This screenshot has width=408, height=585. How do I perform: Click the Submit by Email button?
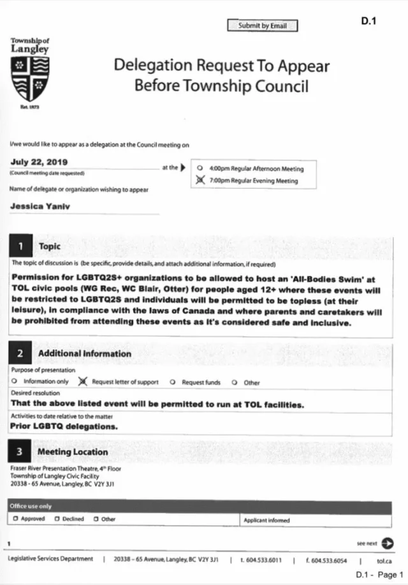click(262, 26)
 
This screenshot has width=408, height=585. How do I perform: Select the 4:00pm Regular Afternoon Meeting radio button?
click(201, 169)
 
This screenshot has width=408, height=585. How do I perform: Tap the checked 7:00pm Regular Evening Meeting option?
click(201, 181)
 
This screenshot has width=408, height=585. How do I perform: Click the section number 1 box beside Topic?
click(21, 246)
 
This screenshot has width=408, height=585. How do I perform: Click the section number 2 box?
click(21, 353)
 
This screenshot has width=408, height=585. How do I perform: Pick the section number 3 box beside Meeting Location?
click(21, 452)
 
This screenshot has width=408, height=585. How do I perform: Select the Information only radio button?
click(14, 383)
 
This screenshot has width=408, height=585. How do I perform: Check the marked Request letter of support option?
click(82, 382)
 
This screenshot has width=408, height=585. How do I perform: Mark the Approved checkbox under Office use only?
click(15, 519)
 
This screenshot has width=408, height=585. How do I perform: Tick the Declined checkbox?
click(57, 519)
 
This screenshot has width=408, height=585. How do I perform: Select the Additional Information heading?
click(85, 353)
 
